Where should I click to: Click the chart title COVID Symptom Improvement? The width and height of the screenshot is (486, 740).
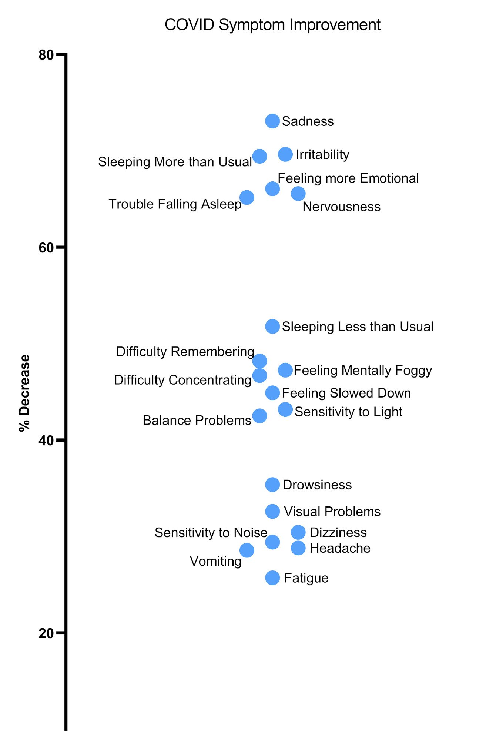(272, 25)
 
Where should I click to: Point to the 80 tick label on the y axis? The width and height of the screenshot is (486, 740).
(46, 55)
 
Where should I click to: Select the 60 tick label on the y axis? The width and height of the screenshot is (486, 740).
(46, 247)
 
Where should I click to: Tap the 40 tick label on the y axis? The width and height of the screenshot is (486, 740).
(46, 440)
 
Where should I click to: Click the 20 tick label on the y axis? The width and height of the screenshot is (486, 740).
(46, 633)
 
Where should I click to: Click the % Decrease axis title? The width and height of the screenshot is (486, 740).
(25, 393)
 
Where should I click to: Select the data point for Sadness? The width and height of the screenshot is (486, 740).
(272, 121)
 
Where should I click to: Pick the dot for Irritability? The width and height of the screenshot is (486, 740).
(285, 154)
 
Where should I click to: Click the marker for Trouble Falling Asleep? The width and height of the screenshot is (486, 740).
(247, 197)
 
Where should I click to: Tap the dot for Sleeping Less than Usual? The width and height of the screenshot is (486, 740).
(272, 327)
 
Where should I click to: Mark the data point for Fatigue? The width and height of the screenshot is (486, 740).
(272, 578)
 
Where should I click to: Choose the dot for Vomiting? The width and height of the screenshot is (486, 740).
(247, 550)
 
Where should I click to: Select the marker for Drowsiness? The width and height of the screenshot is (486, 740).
(272, 485)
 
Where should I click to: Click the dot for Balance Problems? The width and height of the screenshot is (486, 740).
(259, 416)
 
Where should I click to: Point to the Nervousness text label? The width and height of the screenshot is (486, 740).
(341, 207)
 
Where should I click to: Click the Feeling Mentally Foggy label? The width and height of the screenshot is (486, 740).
(363, 370)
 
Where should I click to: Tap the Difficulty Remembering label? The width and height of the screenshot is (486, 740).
(185, 352)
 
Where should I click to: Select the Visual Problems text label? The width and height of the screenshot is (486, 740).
(332, 512)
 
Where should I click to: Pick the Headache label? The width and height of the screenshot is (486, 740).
(340, 548)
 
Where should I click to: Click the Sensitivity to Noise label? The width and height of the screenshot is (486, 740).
(211, 533)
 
